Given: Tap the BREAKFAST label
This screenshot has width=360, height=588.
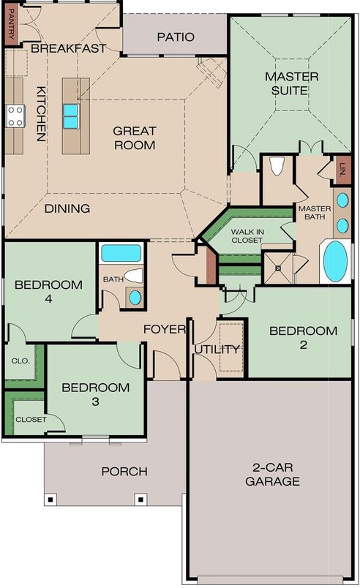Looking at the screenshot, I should coord(69,48).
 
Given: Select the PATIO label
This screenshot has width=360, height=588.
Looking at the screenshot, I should coord(176,37).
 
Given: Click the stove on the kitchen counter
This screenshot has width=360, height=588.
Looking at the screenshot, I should coord(15,115).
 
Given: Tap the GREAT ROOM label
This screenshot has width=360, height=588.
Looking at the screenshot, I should coord(135,138).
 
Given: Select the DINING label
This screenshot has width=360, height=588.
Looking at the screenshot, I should coord(67,208).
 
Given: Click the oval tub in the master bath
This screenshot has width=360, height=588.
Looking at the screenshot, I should coord(335,261).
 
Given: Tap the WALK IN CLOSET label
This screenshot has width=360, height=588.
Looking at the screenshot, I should coord(248,235).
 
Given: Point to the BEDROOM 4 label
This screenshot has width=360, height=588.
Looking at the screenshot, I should coord(48,291).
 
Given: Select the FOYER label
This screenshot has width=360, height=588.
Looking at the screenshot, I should coord(164,329).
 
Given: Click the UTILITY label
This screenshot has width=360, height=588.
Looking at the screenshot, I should coord(217,349).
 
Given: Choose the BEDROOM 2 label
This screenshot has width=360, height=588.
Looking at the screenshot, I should coord(303,337).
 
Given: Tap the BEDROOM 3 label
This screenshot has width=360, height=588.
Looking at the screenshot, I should coord(95,394).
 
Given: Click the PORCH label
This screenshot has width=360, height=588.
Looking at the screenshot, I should coord(124,472).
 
